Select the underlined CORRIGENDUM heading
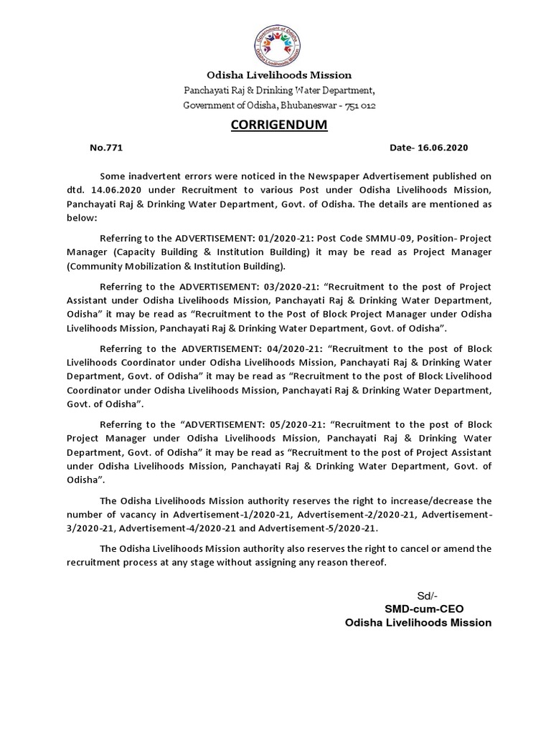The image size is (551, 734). click(278, 125)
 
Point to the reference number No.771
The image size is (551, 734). click(106, 148)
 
